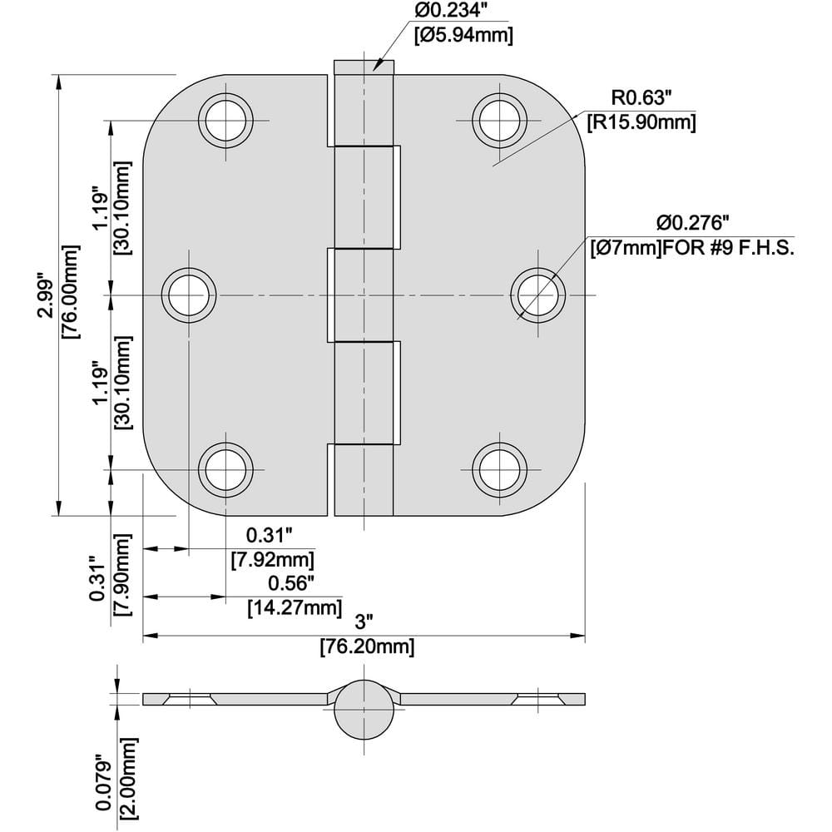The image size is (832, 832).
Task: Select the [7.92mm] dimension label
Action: (x=272, y=560)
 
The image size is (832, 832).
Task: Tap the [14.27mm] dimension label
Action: (x=295, y=607)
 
